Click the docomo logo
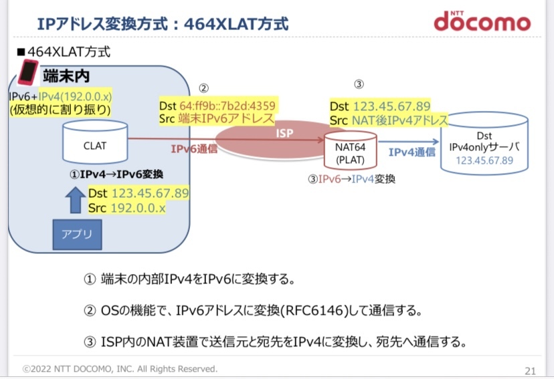(481, 21)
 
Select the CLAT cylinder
(94, 142)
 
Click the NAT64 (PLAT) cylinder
(349, 151)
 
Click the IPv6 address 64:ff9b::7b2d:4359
(227, 106)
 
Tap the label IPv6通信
(193, 149)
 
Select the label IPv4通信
(411, 152)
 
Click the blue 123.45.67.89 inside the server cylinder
(484, 160)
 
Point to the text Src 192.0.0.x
(126, 208)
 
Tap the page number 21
(530, 370)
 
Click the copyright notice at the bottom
(120, 368)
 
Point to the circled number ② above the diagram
(204, 88)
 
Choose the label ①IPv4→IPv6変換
(116, 174)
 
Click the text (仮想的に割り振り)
(60, 110)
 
